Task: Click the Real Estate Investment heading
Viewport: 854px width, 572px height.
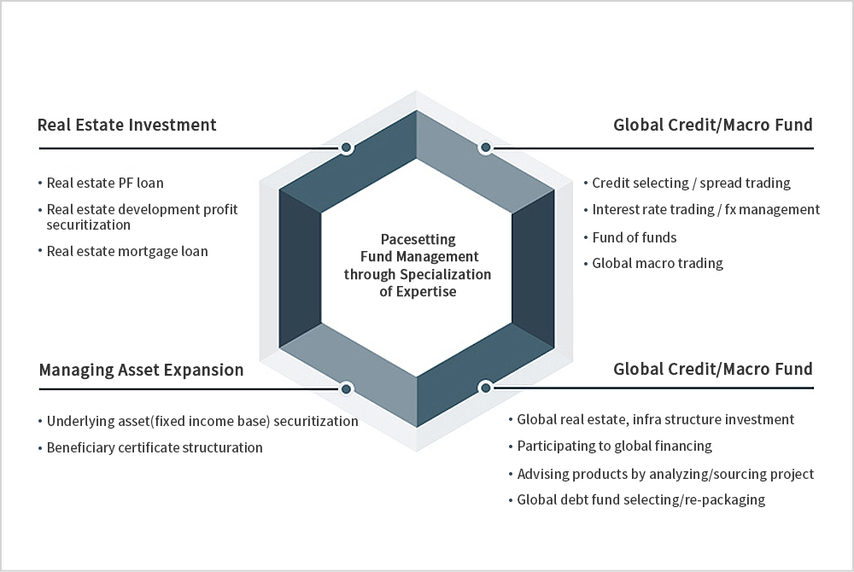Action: (x=127, y=125)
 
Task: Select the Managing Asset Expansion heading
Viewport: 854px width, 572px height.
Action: (x=141, y=370)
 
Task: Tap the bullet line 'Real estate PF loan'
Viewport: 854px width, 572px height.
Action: (x=105, y=183)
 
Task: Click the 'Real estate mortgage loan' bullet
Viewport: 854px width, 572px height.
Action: (x=127, y=251)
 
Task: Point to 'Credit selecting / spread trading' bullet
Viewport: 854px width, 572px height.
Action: (x=691, y=183)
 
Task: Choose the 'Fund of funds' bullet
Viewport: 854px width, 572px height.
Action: (x=634, y=236)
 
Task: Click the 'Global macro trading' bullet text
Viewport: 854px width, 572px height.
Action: (x=658, y=263)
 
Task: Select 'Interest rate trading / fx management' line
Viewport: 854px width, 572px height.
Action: (x=705, y=209)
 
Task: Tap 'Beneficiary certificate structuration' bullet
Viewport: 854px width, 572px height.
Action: (x=155, y=447)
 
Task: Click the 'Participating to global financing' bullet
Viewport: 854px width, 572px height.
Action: (x=614, y=446)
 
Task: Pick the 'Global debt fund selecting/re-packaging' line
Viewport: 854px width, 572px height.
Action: (x=640, y=499)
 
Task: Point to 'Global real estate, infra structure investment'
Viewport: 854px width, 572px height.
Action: (x=656, y=419)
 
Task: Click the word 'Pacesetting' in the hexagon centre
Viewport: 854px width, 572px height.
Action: (x=418, y=240)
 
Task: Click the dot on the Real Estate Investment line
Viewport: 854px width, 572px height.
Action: (x=346, y=148)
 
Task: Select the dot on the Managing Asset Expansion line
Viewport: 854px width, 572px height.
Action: (x=346, y=388)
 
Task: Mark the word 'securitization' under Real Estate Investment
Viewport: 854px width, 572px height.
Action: (x=88, y=225)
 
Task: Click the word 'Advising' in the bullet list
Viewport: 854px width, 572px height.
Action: (x=543, y=474)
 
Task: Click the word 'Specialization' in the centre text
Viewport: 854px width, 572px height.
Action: (x=451, y=274)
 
